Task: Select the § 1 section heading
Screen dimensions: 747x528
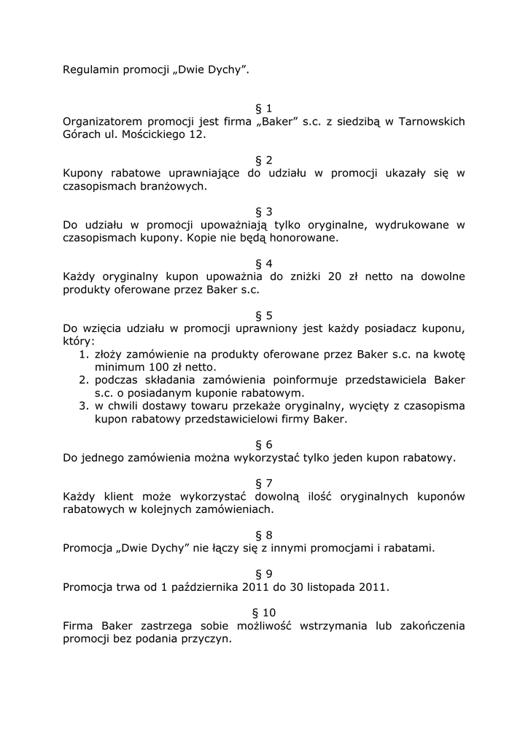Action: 263,108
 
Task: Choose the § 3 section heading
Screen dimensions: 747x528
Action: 263,212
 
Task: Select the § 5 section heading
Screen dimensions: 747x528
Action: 263,315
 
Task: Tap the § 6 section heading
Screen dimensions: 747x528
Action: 263,444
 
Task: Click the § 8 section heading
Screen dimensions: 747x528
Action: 263,535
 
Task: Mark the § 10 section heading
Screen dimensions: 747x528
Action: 263,612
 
